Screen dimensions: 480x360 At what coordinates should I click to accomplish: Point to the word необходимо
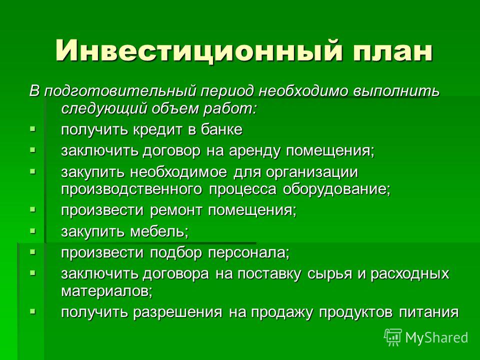tap(303, 91)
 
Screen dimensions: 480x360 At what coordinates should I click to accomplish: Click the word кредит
tap(157, 130)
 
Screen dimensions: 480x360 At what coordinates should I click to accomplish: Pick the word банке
tap(221, 129)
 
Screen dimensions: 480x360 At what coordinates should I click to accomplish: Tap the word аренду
tap(254, 151)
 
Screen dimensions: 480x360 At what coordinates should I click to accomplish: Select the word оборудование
tap(336, 189)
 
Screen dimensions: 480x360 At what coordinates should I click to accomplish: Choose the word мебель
tap(159, 231)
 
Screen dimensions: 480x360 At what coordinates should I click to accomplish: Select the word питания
tap(429, 312)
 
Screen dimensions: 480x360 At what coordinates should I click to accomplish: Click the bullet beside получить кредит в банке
tap(33, 129)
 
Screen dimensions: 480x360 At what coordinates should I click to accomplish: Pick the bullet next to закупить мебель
tap(33, 231)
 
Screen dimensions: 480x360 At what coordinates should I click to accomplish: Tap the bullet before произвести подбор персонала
tap(33, 252)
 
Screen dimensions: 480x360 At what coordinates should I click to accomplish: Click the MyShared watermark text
tap(437, 337)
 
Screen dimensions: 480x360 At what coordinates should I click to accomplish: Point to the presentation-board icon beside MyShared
tap(393, 337)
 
